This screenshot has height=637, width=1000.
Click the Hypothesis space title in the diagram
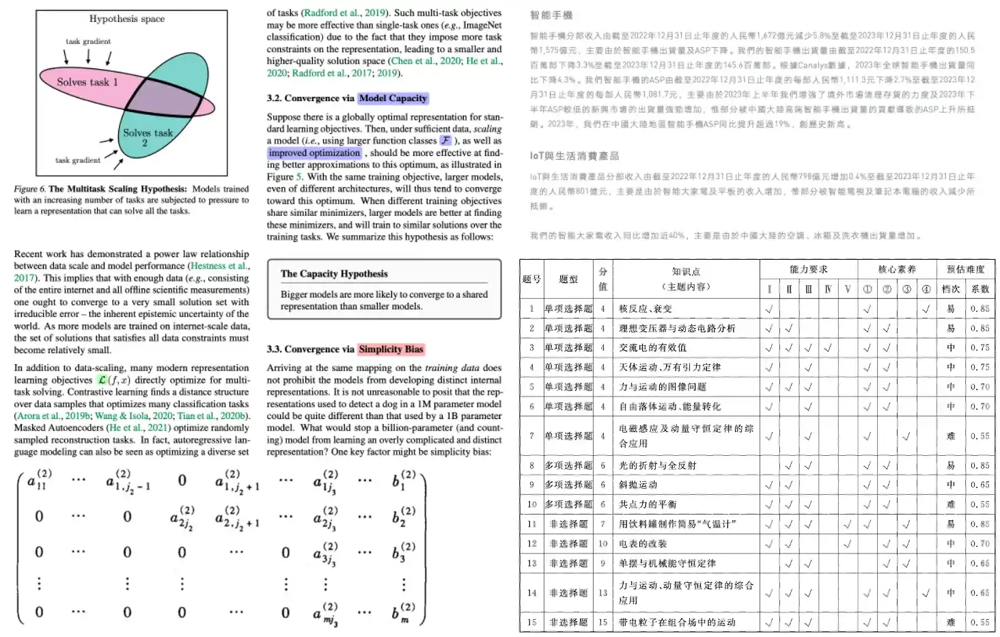[127, 19]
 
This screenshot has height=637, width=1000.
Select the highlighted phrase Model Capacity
[393, 98]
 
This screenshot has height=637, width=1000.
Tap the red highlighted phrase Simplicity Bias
[391, 349]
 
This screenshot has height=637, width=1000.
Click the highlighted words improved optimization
[314, 153]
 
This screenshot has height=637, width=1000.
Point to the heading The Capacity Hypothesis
[334, 273]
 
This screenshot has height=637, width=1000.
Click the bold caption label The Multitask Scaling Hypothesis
[117, 189]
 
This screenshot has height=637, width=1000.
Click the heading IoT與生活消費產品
[574, 156]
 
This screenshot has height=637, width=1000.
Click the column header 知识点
[686, 271]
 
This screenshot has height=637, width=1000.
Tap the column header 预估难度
[965, 269]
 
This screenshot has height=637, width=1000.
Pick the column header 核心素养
[896, 269]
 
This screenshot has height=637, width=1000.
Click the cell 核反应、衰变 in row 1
[645, 309]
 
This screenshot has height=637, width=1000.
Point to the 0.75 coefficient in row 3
[980, 348]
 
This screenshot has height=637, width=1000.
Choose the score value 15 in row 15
[602, 623]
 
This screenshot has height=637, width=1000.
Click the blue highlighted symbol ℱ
[445, 141]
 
